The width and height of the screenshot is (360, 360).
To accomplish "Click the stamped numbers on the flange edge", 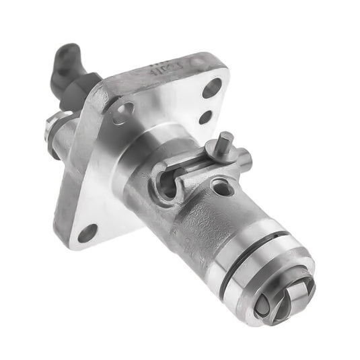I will [x=166, y=69].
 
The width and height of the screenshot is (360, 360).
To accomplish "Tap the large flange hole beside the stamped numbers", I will [x=213, y=87].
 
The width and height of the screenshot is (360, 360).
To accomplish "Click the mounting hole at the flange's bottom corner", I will [x=87, y=234].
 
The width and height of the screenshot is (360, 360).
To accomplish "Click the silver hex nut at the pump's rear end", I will [x=52, y=127].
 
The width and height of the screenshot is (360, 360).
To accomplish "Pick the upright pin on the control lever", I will [x=226, y=143].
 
